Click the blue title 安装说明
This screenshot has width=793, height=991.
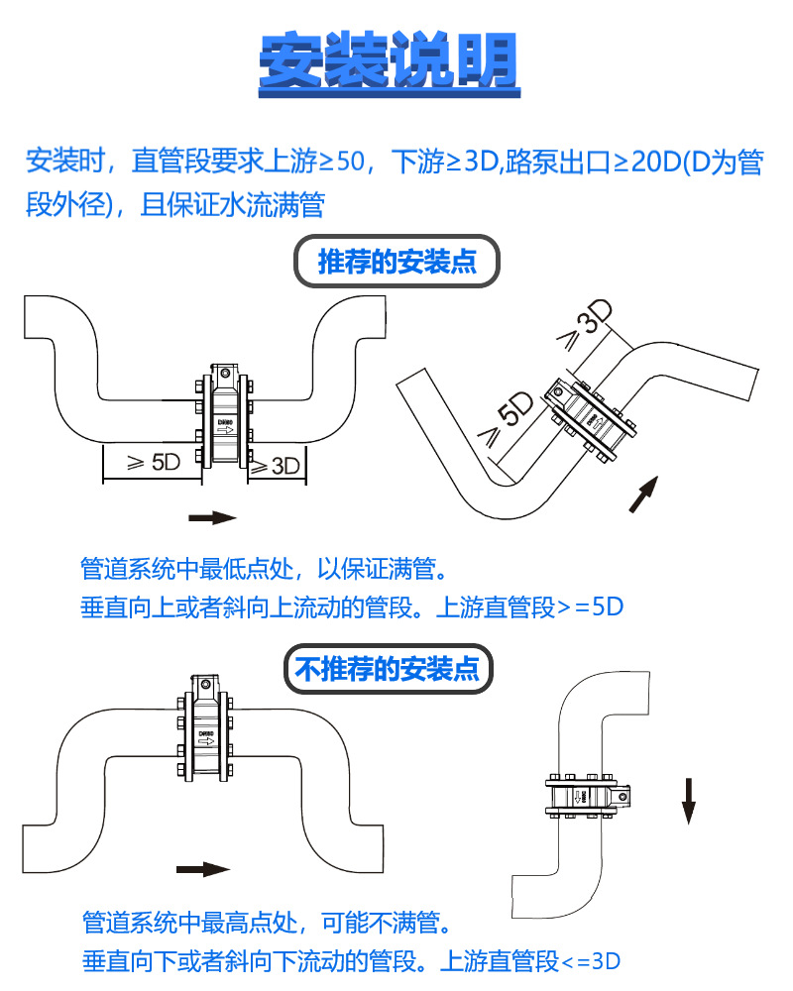(389, 61)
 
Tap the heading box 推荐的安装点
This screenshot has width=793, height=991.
(396, 263)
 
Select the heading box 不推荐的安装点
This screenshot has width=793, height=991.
(389, 671)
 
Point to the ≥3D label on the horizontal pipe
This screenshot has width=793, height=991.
(275, 464)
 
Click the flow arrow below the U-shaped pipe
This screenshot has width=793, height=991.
(212, 517)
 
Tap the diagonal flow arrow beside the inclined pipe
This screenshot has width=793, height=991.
(643, 494)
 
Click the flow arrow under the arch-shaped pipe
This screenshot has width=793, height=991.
(202, 869)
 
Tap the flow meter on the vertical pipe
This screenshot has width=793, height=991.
(584, 795)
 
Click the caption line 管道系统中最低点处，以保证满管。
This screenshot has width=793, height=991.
(265, 569)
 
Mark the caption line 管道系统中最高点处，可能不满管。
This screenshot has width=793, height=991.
(267, 924)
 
